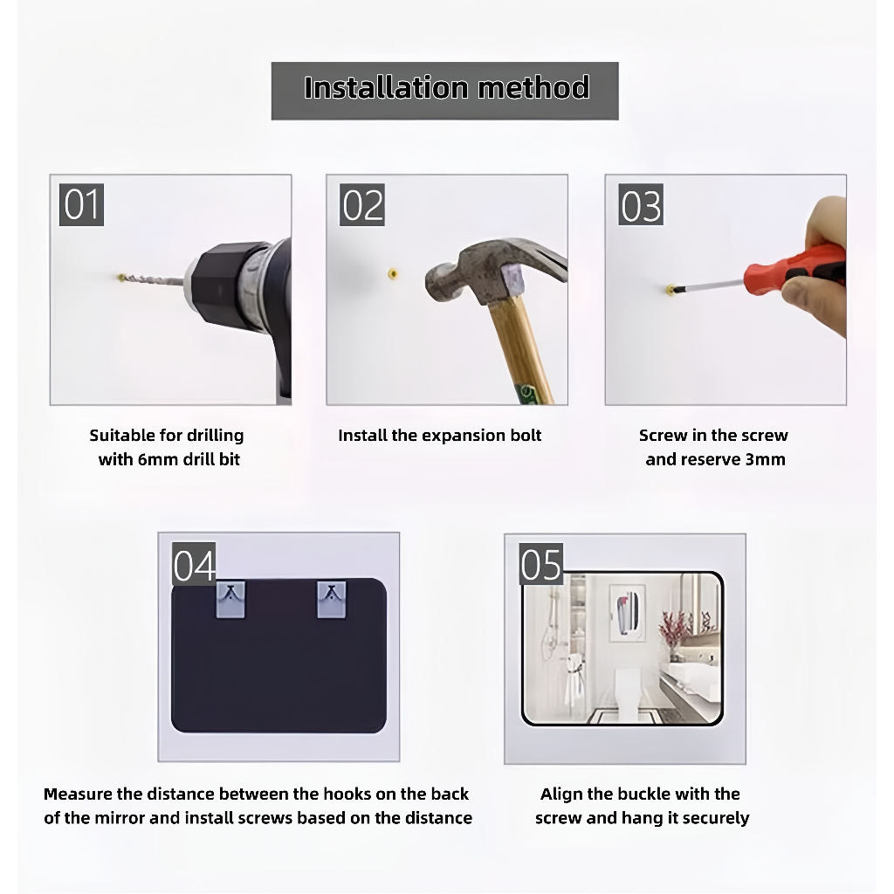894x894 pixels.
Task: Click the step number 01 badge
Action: pyautogui.click(x=81, y=204)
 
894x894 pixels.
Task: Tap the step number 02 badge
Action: pyautogui.click(x=362, y=204)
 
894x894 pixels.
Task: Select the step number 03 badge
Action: pyautogui.click(x=641, y=204)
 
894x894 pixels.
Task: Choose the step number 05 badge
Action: pyautogui.click(x=541, y=564)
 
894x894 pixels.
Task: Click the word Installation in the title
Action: pyautogui.click(x=387, y=88)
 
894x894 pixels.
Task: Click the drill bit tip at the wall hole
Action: pyautogui.click(x=121, y=278)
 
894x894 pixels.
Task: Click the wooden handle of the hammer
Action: pyautogui.click(x=520, y=352)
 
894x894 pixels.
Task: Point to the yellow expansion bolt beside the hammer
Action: pyautogui.click(x=393, y=274)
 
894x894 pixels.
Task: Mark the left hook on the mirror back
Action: pyautogui.click(x=230, y=599)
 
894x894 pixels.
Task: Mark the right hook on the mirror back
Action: pyautogui.click(x=331, y=599)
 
